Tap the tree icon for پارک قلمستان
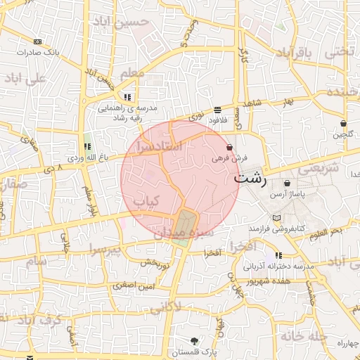[194, 340]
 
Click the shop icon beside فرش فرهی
[230, 148]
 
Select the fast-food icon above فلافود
[217, 110]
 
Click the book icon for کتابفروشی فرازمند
[276, 218]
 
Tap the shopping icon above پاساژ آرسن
[288, 184]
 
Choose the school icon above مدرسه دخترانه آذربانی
[279, 256]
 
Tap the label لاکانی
[165, 307]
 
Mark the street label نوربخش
[155, 263]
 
